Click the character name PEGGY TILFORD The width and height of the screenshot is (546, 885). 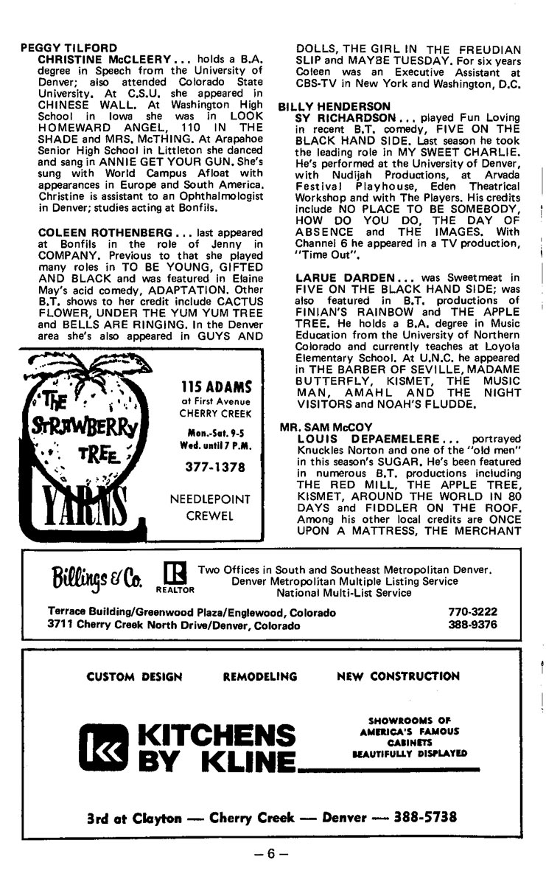click(59, 47)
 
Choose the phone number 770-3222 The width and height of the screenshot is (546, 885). click(472, 612)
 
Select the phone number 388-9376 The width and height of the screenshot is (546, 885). click(472, 625)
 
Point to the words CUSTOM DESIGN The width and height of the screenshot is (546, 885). click(134, 676)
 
